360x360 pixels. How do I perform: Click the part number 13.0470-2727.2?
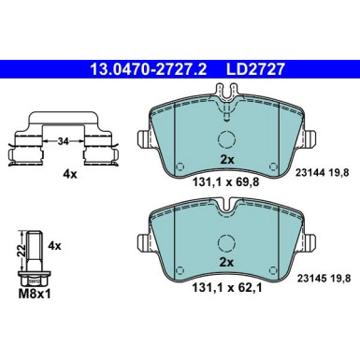[x=139, y=67]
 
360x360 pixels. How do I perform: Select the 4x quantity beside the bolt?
[x=53, y=245]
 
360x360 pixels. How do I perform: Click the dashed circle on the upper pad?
[x=225, y=141]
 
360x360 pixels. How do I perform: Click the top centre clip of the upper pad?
[x=225, y=95]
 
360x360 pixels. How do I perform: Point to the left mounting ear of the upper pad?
[x=143, y=141]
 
